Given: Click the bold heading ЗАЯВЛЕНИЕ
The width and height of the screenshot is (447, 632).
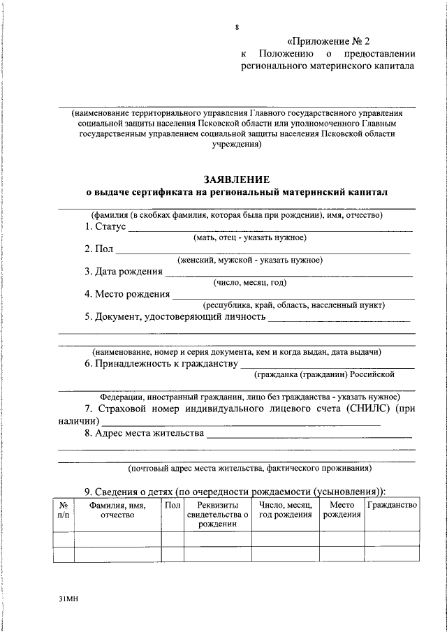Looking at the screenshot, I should pos(236,179).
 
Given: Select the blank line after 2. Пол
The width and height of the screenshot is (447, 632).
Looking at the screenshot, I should pos(263,251).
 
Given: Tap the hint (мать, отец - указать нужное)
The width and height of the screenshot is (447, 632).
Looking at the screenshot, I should pos(249,238).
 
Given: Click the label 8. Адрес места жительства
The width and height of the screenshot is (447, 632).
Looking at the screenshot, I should pos(145,433).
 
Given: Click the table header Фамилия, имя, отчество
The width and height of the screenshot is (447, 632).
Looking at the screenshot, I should pos(117,510).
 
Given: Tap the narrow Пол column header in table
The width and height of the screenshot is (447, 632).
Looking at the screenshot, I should pos(172,505).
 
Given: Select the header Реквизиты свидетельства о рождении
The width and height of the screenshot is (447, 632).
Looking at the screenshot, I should pos(217,515).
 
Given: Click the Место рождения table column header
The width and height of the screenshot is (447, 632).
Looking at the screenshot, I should pos(342,510).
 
